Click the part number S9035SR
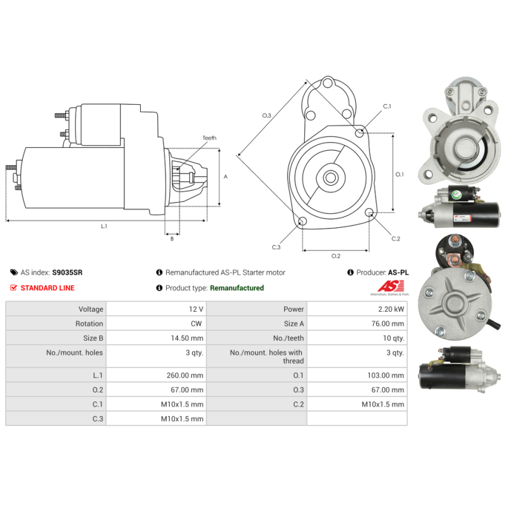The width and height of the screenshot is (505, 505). (x=68, y=273)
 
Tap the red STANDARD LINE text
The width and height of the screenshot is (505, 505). (x=48, y=288)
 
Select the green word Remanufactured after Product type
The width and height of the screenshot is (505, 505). (x=237, y=288)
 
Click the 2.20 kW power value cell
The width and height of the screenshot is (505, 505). (x=391, y=309)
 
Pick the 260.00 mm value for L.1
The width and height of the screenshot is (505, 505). (x=185, y=375)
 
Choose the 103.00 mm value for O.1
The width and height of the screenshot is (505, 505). (x=386, y=375)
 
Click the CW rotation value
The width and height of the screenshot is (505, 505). (x=196, y=324)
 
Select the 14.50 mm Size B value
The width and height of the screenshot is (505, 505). (x=187, y=338)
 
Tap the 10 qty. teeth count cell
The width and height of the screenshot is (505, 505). (x=393, y=338)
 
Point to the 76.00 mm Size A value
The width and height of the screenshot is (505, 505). (x=388, y=324)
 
